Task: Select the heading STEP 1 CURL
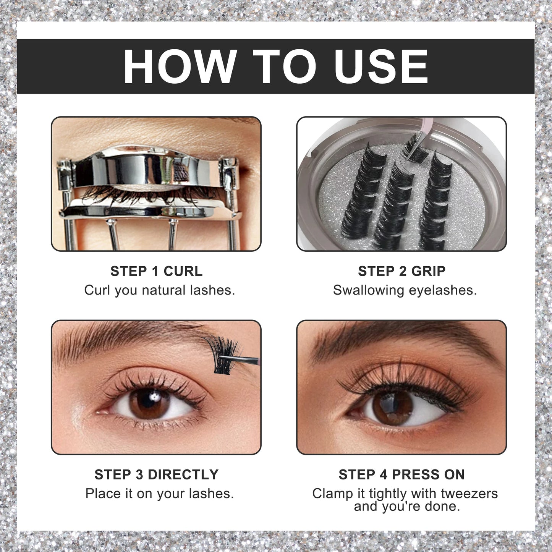coord(156,271)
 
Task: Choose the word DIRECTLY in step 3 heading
coord(183,475)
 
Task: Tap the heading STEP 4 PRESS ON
coord(401,475)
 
